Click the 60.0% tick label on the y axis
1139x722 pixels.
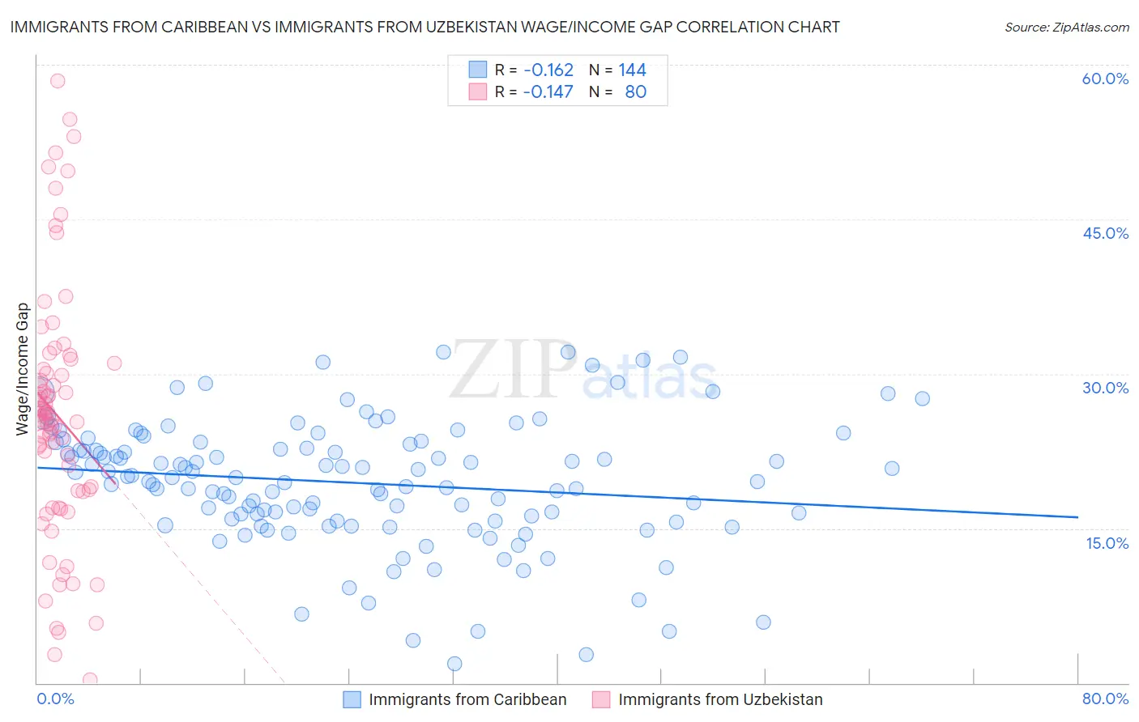coord(1105,79)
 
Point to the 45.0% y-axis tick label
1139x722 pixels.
coord(1105,233)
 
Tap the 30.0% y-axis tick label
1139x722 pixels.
coord(1105,388)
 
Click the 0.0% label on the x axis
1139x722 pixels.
coord(55,699)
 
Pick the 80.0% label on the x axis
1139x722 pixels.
coord(1105,699)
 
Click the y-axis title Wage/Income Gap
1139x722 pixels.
coord(23,369)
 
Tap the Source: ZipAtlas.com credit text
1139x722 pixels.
coord(1066,27)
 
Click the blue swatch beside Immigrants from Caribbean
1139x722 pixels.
coord(352,699)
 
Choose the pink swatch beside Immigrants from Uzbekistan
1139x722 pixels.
coord(601,699)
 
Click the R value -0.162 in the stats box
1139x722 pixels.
coord(548,70)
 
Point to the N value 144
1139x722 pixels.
coord(632,70)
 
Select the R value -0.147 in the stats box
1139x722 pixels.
coord(548,91)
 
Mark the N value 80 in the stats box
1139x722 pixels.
coord(635,91)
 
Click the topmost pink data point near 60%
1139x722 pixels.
coord(58,81)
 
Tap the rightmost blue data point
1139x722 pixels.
coord(922,398)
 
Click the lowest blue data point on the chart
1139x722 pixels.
coord(454,664)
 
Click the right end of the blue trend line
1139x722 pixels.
coord(1077,516)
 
